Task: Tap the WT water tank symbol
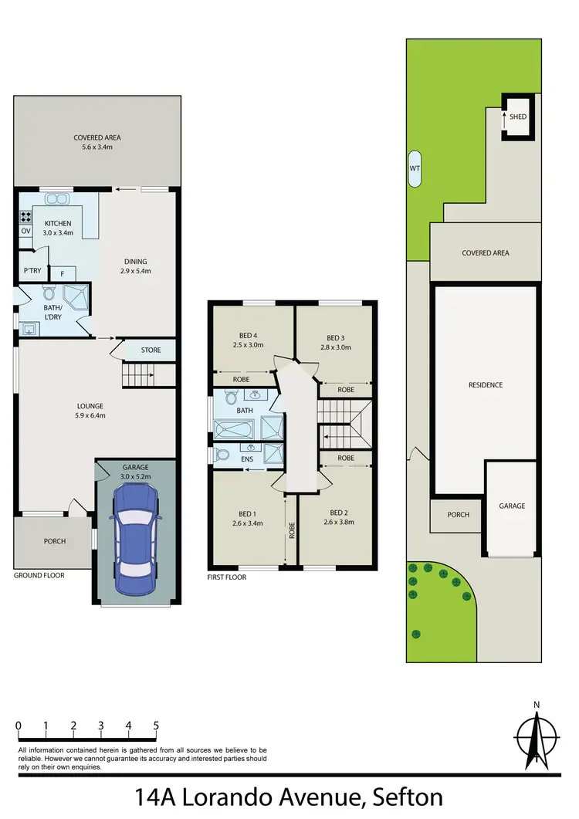(x=415, y=168)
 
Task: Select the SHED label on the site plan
(x=518, y=117)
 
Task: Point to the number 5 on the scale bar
(x=157, y=726)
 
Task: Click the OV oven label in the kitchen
(x=25, y=231)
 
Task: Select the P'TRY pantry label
(x=32, y=271)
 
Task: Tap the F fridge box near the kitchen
(x=62, y=273)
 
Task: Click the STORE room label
(x=151, y=350)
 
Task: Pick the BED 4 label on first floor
(x=249, y=340)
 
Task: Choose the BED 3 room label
(x=335, y=343)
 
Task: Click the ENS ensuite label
(x=247, y=459)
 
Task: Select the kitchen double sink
(x=56, y=198)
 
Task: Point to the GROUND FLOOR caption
(x=39, y=575)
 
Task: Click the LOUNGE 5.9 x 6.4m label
(x=91, y=411)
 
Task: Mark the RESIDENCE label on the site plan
(x=485, y=385)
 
